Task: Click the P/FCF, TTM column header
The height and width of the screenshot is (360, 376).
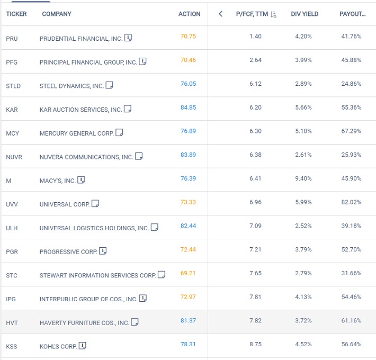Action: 252,14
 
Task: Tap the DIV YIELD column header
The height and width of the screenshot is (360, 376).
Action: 305,14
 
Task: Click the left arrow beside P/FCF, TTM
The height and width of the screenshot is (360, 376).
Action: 221,14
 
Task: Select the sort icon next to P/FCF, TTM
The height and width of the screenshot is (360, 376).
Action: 273,14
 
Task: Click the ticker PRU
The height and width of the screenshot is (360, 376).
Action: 12,39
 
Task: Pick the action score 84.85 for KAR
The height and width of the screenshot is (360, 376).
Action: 188,107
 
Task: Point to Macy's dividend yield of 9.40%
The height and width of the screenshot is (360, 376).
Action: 303,178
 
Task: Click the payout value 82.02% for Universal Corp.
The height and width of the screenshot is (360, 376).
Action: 351,202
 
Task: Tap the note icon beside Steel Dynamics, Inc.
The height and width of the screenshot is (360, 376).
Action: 109,85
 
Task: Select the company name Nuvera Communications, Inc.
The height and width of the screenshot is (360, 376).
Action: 86,157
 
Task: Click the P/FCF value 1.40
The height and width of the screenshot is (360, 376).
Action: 255,37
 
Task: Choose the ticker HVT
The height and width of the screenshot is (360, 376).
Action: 12,323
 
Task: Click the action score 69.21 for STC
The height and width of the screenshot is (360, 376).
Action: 188,273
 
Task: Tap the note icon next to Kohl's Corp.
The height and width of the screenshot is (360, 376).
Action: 82,346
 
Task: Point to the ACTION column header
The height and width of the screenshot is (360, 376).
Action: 190,14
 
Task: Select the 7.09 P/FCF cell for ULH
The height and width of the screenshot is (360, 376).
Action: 255,226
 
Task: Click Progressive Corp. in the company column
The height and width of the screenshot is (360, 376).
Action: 69,251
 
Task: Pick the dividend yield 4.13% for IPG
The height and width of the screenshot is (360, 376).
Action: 303,297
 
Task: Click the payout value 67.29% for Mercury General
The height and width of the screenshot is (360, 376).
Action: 351,131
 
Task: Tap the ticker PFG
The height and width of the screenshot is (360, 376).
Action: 12,62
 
